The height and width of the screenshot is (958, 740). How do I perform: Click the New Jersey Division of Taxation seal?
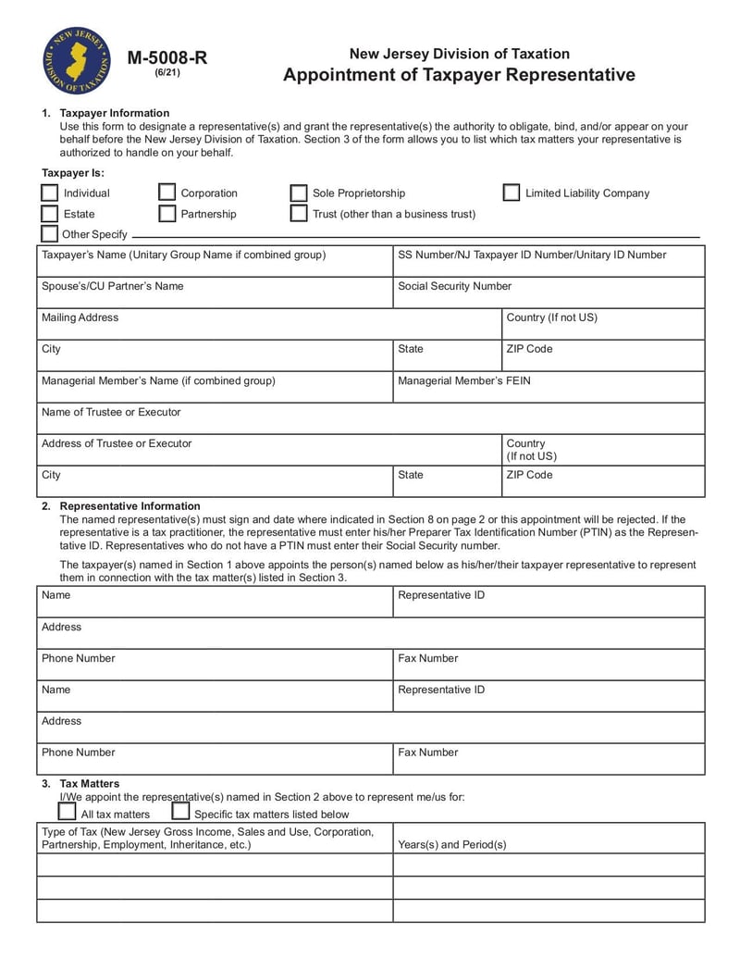point(77,61)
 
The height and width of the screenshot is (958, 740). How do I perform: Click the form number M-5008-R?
point(167,57)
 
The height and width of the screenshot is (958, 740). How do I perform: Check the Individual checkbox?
point(50,193)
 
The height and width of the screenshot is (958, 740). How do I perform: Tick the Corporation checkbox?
point(167,193)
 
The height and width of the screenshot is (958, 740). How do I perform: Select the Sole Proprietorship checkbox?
point(299,193)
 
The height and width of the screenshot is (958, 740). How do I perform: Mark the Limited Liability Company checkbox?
point(512,193)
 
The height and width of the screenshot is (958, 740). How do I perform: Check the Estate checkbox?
point(50,214)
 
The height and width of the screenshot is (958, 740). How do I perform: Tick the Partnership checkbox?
point(167,214)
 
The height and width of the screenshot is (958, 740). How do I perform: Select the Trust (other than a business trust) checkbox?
point(299,214)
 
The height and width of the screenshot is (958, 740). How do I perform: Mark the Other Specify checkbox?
point(50,233)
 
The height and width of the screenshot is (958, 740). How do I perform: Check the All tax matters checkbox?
point(68,812)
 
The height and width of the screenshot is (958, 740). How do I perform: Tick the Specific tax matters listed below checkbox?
point(181,812)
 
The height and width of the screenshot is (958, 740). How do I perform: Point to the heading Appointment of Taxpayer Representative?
point(459,75)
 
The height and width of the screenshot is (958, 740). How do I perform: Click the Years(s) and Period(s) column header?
point(452,844)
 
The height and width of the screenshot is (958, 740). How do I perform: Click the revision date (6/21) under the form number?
point(167,73)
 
